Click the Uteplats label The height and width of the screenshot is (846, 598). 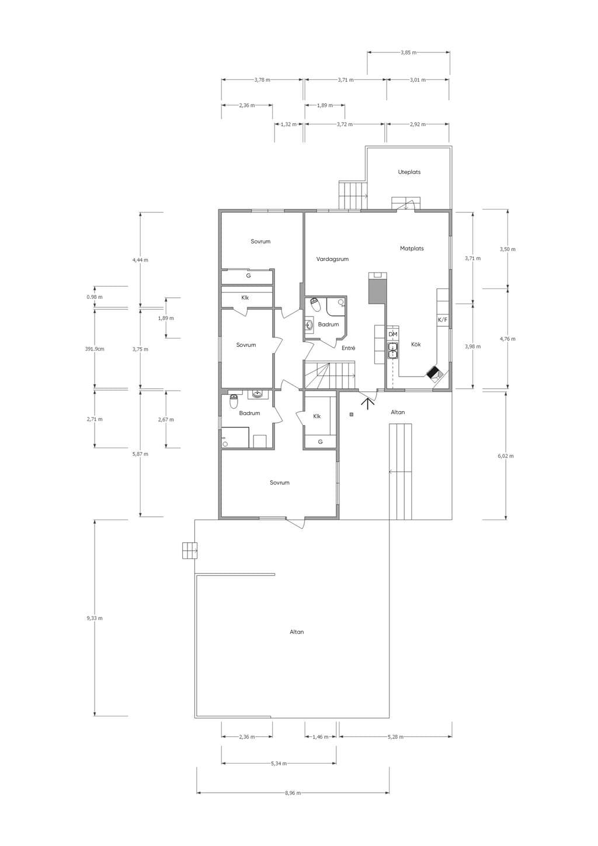409,172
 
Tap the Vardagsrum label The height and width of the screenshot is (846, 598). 332,259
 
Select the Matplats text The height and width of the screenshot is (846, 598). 412,249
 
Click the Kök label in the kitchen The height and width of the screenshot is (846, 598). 416,344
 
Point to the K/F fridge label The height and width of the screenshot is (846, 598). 442,320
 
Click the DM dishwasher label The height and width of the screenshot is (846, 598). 393,335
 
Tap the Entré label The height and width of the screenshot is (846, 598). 348,348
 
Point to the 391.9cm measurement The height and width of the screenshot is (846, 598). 95,349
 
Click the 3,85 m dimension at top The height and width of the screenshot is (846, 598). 408,53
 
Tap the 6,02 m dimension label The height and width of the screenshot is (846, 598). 506,456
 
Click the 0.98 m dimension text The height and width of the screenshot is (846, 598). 95,297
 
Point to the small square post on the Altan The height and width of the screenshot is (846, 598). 352,415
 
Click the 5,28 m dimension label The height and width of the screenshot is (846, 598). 395,736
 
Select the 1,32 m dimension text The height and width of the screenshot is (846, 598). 288,124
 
